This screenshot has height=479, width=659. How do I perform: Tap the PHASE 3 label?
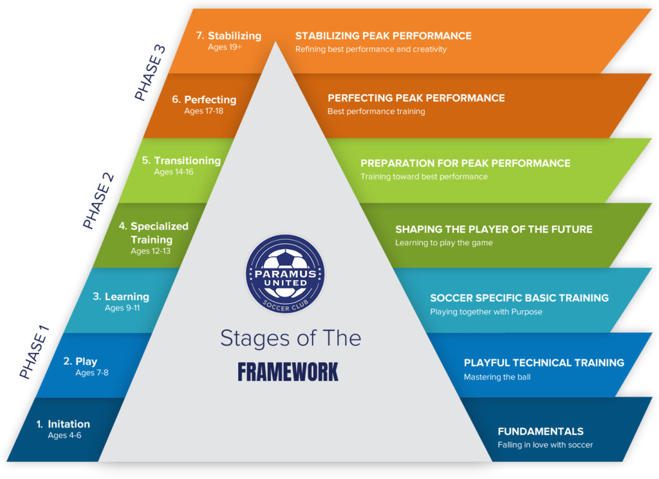150,72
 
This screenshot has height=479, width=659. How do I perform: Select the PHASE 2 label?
98,200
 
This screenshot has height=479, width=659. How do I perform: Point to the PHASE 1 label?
34,352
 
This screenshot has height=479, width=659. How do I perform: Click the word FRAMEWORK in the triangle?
288,372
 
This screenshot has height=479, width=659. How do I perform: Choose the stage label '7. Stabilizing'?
228,36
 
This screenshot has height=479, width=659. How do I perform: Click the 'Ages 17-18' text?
203,111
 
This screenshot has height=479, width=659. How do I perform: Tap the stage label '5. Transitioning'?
181,161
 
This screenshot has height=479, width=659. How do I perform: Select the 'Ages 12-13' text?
151,251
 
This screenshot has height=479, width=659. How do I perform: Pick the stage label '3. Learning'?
120,297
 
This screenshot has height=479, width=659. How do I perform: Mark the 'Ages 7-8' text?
92,373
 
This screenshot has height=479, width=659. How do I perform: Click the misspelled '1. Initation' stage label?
63,424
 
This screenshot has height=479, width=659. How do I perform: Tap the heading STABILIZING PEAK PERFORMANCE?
384,36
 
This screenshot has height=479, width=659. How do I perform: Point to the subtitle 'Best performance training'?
376,111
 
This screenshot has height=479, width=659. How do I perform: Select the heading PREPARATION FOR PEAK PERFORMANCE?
465,163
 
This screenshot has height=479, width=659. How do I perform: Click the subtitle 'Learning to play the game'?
445,243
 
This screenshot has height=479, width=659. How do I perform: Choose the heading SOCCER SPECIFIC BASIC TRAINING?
519,298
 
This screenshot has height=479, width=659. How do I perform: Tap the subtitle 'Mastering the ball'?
497,377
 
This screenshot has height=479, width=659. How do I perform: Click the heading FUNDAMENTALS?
541,431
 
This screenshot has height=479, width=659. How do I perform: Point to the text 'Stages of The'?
290,338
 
